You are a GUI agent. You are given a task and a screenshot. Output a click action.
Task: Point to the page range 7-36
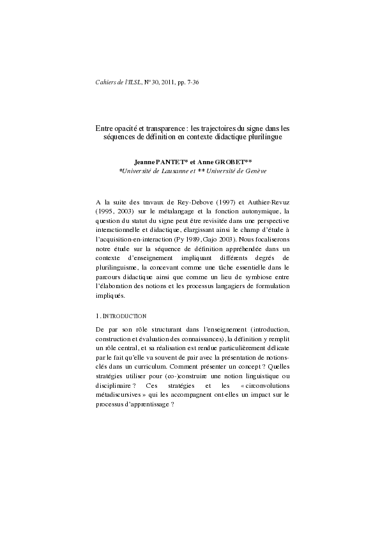(190, 84)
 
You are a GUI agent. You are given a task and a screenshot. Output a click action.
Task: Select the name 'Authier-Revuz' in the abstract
(270, 202)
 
